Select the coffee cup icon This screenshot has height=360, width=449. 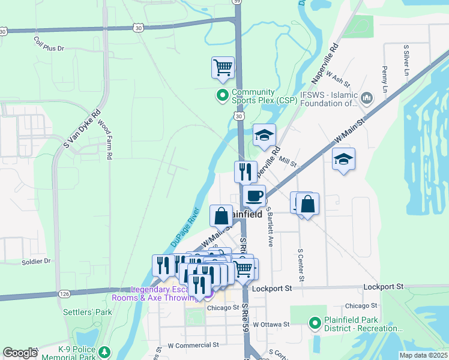click(254, 196)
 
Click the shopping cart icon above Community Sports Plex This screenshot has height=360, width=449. click(223, 68)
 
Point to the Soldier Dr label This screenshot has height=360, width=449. click(37, 261)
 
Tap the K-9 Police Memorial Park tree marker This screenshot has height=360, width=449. click(104, 351)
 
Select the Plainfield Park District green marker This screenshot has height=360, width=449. click(314, 324)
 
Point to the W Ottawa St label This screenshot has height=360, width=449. click(271, 324)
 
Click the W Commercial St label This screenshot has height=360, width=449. click(193, 346)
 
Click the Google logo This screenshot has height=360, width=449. click(20, 353)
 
